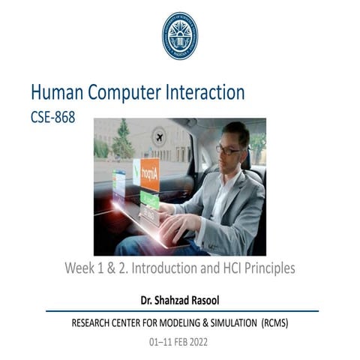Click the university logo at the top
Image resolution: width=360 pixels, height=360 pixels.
(180, 36)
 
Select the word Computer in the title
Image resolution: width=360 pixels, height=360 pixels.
(128, 93)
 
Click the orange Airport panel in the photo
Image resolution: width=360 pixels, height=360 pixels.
(149, 174)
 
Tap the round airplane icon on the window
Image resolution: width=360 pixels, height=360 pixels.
(158, 137)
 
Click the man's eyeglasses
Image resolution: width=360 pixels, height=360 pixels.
(229, 148)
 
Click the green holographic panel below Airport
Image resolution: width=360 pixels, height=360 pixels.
(149, 199)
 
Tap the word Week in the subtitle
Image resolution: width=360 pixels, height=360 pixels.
(80, 268)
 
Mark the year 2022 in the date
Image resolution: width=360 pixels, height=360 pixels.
(196, 342)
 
